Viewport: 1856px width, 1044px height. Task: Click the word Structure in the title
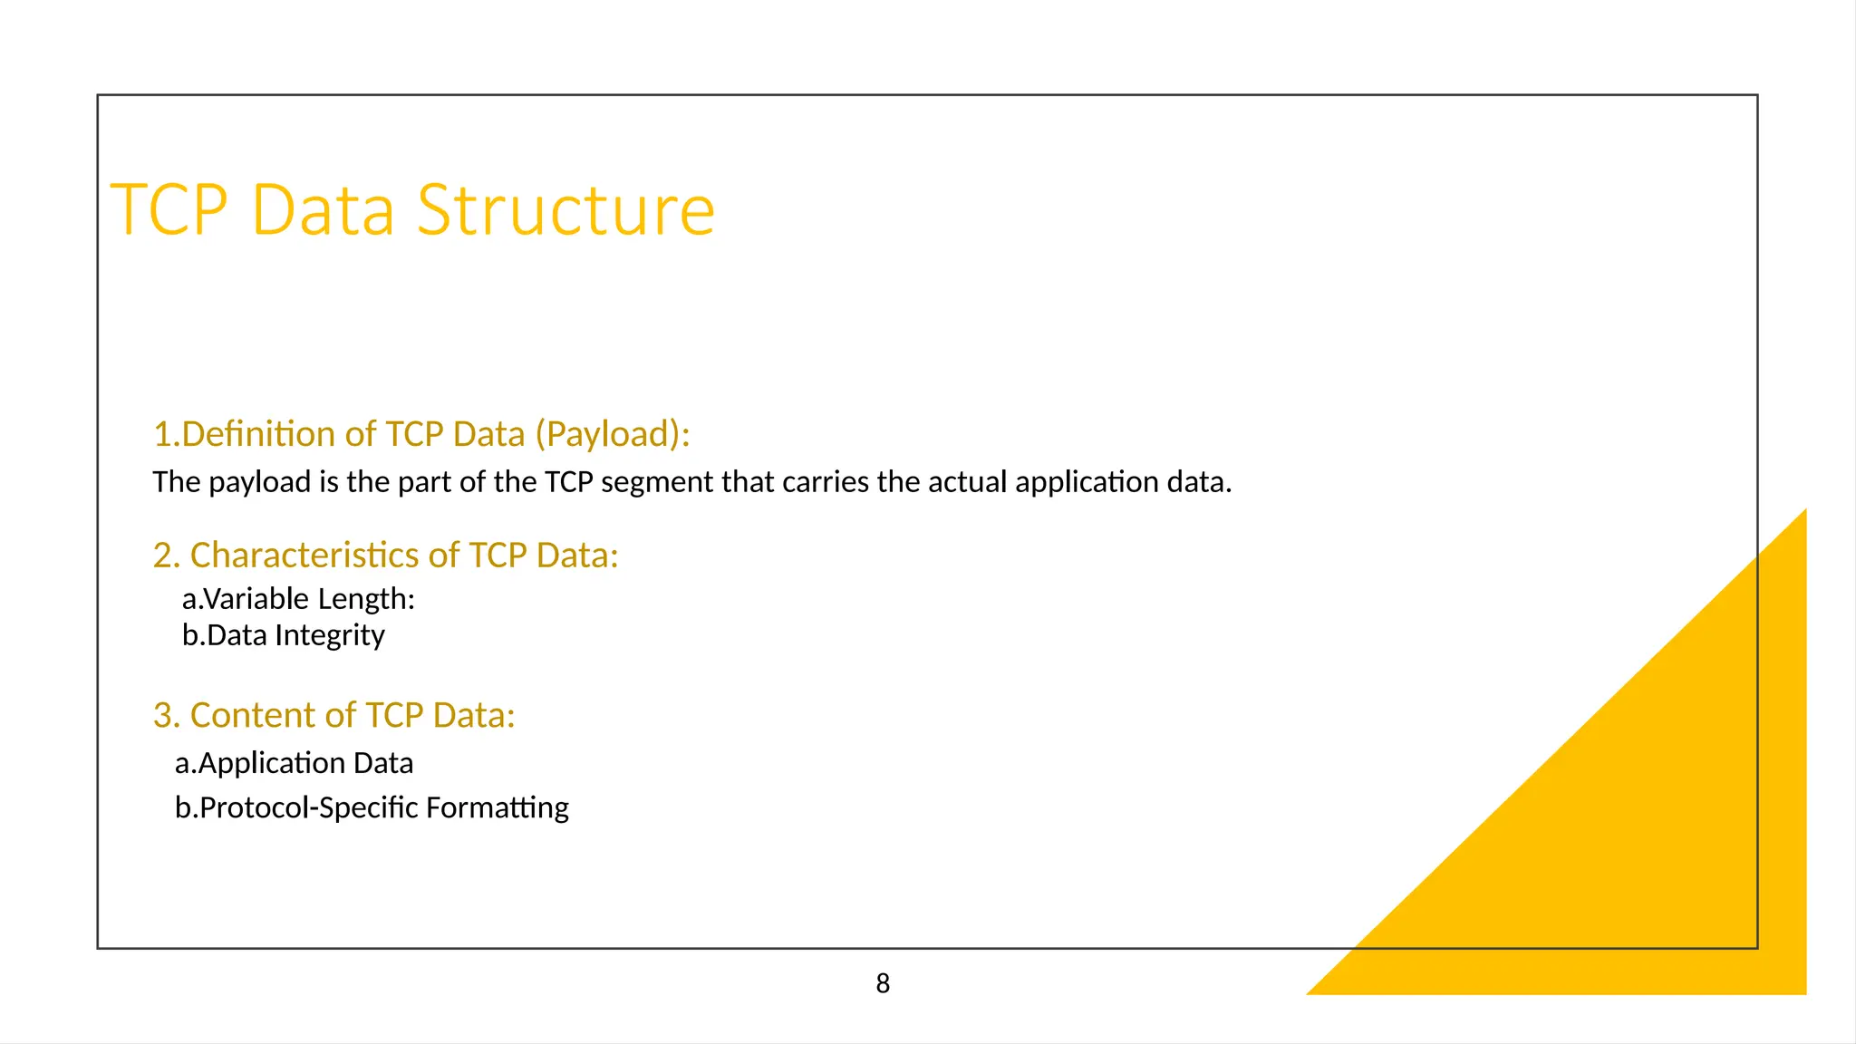point(565,210)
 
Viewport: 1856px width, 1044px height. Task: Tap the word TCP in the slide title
point(169,210)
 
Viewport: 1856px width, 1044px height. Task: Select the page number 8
point(883,983)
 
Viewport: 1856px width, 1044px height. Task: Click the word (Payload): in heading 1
point(613,435)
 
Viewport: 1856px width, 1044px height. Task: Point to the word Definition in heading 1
point(277,435)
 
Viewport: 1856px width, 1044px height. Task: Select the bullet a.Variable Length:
point(298,599)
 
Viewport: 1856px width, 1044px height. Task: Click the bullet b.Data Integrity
point(283,635)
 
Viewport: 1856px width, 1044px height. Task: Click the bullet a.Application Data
point(294,763)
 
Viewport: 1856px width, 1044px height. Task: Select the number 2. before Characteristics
point(166,556)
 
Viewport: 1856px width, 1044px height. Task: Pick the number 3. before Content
point(166,716)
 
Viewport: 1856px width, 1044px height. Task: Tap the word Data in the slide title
point(323,210)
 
